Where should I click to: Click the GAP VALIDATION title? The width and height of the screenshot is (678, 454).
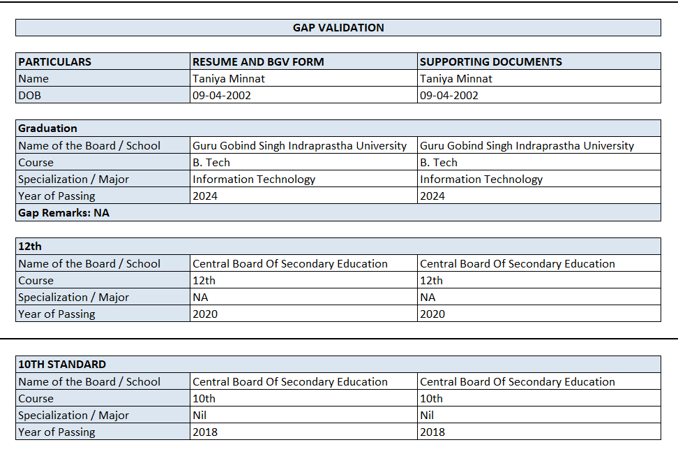click(338, 28)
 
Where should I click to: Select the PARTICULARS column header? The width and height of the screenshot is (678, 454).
click(55, 61)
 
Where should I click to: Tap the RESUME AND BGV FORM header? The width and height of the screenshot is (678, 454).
click(258, 61)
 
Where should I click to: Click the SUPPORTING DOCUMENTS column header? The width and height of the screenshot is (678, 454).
click(491, 61)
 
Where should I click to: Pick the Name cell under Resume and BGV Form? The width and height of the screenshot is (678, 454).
click(229, 79)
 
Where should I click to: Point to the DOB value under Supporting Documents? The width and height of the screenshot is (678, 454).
click(449, 96)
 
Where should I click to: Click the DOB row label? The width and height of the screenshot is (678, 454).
click(31, 96)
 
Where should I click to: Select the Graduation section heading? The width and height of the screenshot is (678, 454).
click(48, 129)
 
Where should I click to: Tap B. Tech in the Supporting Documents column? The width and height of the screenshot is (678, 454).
click(439, 163)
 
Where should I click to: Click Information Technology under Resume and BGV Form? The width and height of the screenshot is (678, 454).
click(254, 180)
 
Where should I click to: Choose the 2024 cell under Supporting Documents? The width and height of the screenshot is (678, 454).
click(432, 196)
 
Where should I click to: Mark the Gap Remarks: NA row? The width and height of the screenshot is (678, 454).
click(64, 213)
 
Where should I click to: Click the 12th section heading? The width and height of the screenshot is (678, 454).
click(30, 247)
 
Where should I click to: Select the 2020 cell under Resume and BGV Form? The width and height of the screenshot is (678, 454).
click(205, 314)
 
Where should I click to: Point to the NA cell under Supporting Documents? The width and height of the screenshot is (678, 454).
click(428, 298)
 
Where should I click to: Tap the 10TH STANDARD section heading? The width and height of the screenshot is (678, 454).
click(62, 365)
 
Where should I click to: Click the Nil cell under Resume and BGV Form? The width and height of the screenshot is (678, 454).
click(201, 416)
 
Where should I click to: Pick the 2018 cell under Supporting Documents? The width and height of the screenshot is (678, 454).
click(432, 432)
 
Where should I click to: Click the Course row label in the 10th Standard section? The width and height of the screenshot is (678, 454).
click(36, 399)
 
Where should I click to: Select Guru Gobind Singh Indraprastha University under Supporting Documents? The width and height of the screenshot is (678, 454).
click(527, 146)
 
